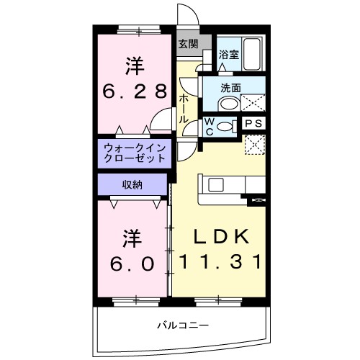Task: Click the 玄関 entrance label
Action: [188, 44]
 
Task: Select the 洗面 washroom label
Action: [231, 88]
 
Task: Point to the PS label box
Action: [253, 124]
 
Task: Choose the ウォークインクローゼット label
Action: [135, 153]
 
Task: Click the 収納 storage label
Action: [132, 184]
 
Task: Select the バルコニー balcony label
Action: [184, 325]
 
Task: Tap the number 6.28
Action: [135, 91]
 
